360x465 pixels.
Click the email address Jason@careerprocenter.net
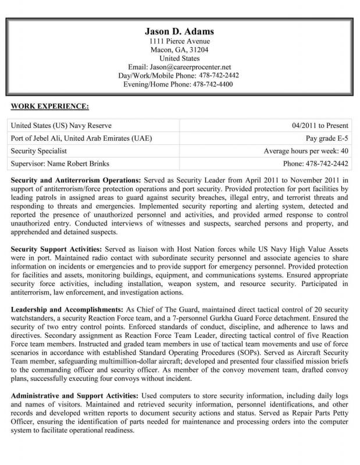coord(195,67)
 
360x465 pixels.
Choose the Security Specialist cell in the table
coord(39,151)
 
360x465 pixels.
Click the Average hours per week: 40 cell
coord(306,151)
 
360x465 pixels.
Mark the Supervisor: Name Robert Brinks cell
coord(60,164)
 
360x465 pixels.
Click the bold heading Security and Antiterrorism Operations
coord(74,181)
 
